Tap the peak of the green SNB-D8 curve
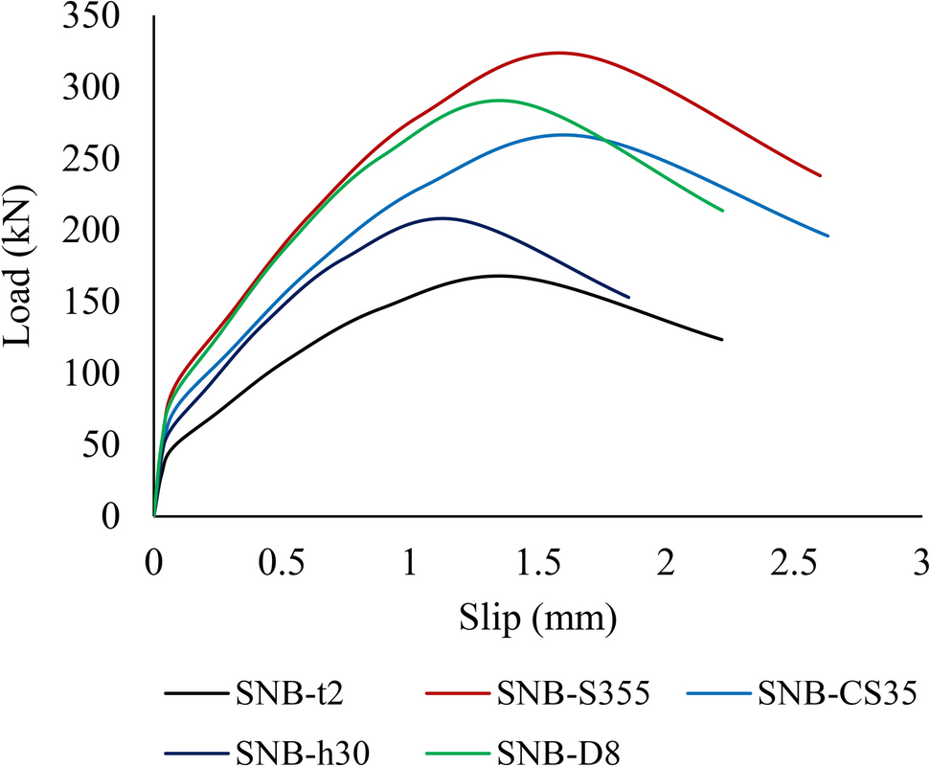click(500, 100)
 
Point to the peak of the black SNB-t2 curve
click(498, 276)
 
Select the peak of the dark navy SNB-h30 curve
click(442, 218)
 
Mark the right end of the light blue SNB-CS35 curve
click(828, 236)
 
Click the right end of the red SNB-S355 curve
click(821, 175)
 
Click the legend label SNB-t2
click(273, 692)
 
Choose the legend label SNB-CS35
click(838, 692)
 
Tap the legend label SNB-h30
click(280, 746)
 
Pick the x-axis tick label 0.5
click(283, 562)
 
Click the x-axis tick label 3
click(920, 562)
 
